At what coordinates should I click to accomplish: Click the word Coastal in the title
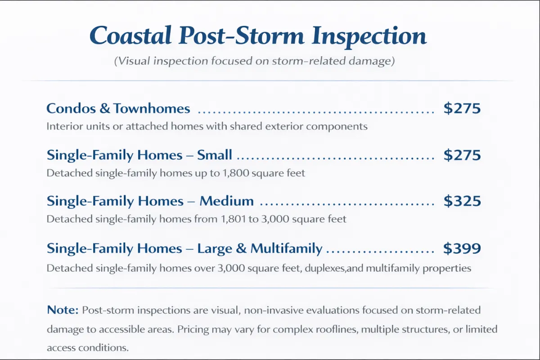tap(130, 36)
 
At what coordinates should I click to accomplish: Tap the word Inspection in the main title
tap(369, 36)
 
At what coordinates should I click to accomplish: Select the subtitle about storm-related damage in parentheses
tap(254, 61)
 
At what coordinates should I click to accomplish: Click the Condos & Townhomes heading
tap(118, 108)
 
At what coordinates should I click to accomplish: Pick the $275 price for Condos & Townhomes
tap(462, 108)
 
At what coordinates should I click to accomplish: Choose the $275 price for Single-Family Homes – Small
tap(462, 155)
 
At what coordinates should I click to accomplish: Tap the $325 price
tap(462, 201)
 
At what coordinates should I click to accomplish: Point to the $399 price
tap(462, 248)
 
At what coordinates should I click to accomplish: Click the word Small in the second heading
tap(215, 154)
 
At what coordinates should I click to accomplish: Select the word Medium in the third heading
tap(227, 201)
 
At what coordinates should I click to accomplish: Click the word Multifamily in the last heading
tap(286, 248)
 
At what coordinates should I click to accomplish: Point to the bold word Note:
tap(63, 310)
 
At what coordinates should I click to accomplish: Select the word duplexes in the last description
tap(325, 268)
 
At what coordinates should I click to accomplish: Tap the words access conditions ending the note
tap(88, 348)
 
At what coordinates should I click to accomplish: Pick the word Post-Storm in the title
tap(241, 36)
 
